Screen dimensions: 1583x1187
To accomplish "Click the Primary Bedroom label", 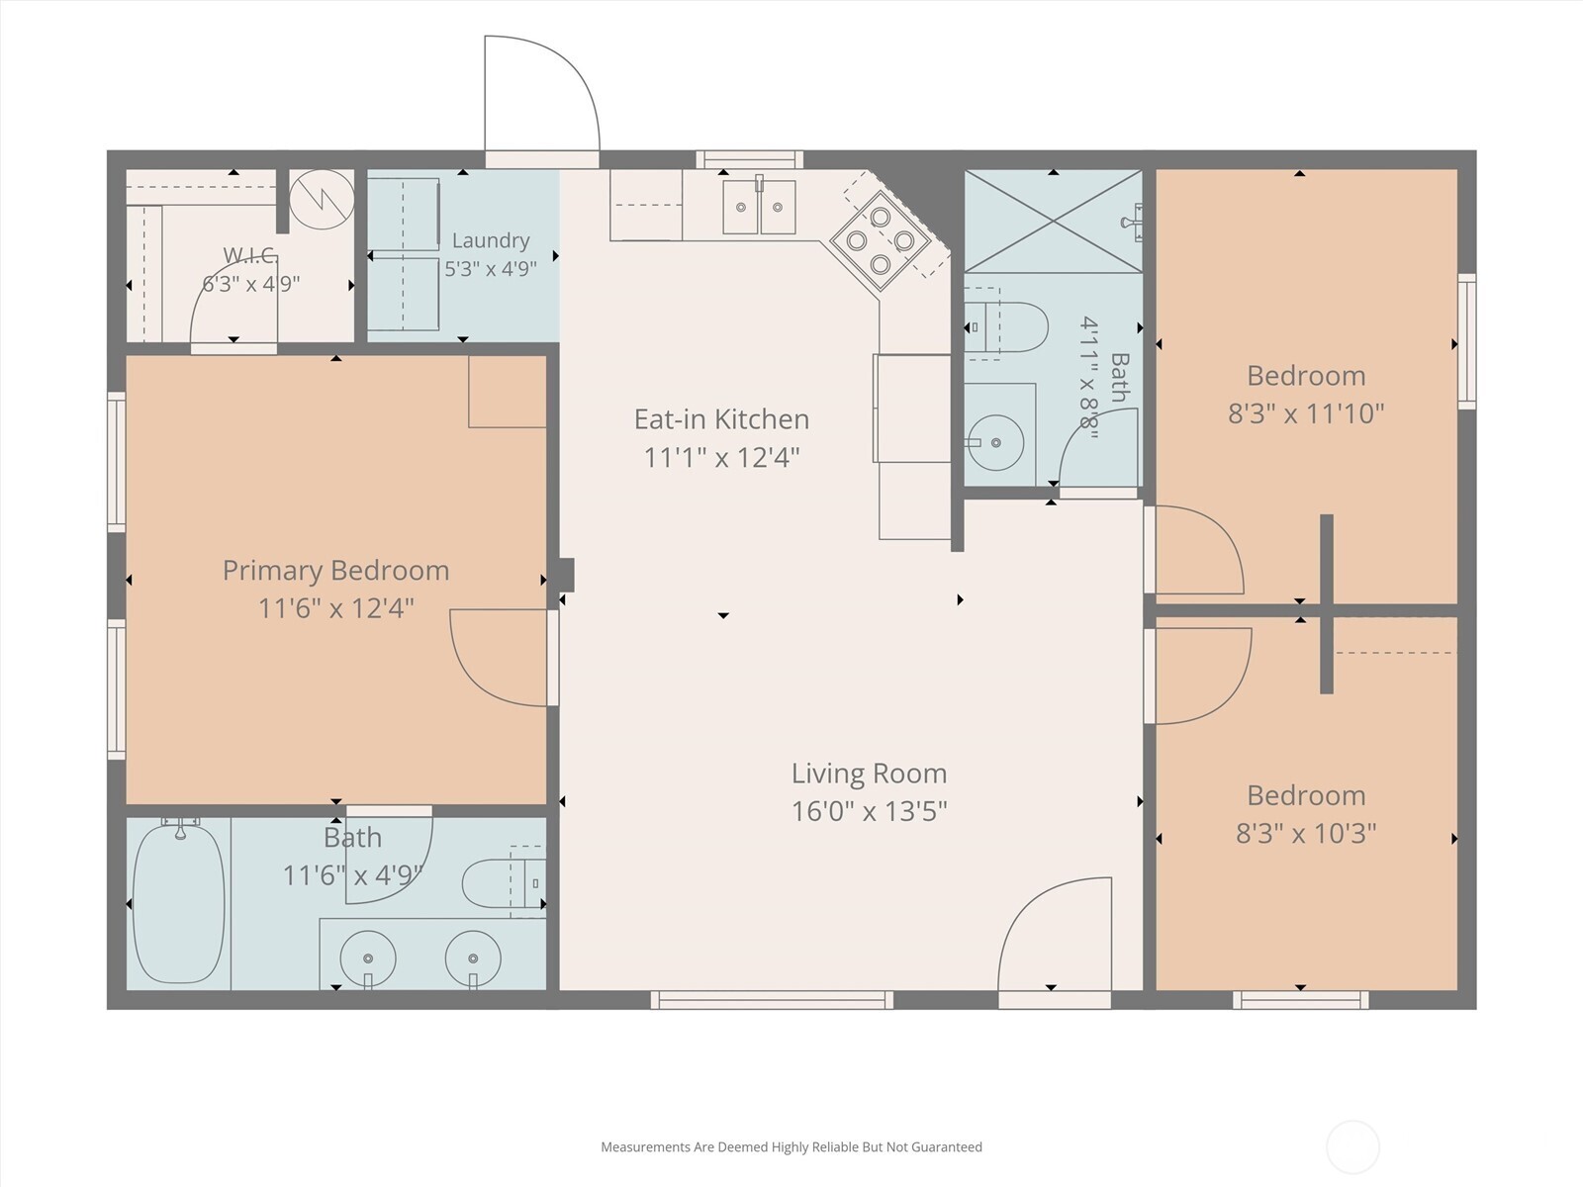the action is click(x=335, y=570).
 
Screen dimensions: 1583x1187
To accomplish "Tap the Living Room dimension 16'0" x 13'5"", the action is click(x=869, y=811).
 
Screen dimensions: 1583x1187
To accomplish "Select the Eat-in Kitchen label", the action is click(x=721, y=418).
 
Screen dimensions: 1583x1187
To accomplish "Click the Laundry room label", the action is click(x=491, y=240).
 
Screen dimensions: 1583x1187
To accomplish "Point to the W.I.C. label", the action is click(x=250, y=254).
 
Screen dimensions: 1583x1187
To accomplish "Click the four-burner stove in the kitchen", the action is click(x=881, y=240).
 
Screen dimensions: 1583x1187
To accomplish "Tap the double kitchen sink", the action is click(x=759, y=206).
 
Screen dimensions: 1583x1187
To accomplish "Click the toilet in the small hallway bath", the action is click(x=1006, y=326).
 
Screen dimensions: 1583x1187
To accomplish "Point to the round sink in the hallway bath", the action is click(x=995, y=442).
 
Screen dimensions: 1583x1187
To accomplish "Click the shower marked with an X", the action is click(x=1053, y=222).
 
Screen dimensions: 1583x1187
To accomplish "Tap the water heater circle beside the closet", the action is click(x=322, y=200).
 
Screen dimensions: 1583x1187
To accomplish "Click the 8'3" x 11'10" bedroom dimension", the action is click(x=1306, y=413).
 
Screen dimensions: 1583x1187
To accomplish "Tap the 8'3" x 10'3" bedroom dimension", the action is click(x=1306, y=834).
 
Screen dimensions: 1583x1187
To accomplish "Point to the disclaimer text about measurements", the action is click(x=791, y=1146).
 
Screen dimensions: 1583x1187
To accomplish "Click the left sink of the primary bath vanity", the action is click(x=368, y=959).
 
